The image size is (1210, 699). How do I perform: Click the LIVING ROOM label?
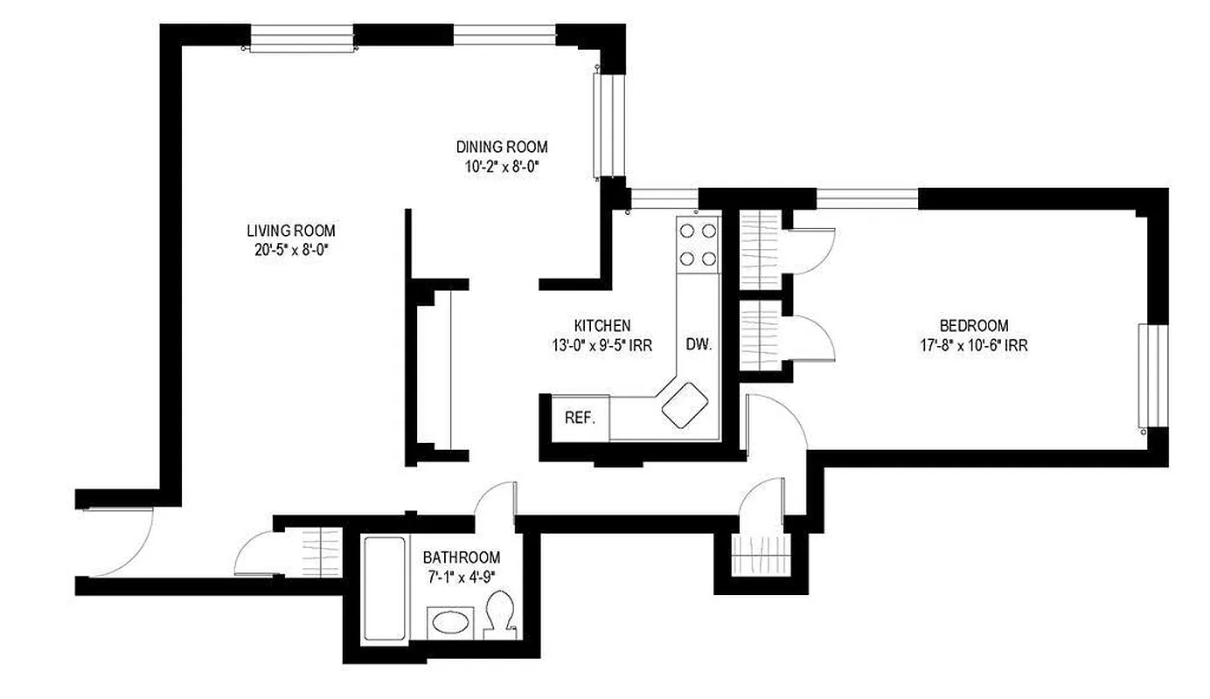(x=290, y=231)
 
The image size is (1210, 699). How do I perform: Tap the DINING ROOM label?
(x=502, y=147)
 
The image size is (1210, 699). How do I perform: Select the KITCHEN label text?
(x=602, y=326)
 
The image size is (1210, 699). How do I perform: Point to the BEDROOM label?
(x=973, y=326)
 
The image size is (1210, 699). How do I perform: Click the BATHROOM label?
(x=461, y=557)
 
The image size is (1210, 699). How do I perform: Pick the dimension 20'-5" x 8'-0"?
(x=290, y=249)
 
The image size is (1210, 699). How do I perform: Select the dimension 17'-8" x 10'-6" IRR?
(x=973, y=345)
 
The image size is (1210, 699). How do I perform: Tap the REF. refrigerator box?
(x=580, y=418)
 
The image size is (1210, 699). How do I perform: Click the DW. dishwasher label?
(x=698, y=344)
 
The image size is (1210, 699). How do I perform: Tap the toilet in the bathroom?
(x=501, y=612)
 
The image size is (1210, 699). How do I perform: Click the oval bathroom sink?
(x=450, y=623)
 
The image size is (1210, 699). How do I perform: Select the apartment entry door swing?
(x=122, y=542)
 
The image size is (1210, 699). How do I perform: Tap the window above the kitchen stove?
(x=663, y=200)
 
